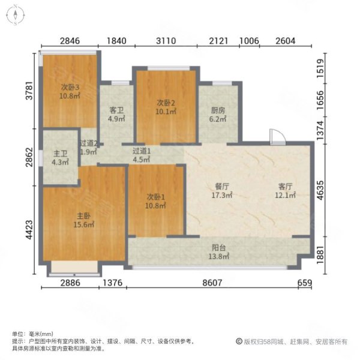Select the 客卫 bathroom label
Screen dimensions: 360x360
click(x=116, y=110)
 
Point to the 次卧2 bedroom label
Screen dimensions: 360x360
click(x=166, y=102)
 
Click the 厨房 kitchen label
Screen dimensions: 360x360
click(x=217, y=110)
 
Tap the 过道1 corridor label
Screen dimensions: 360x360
click(x=142, y=152)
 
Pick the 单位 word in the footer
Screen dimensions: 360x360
click(x=18, y=334)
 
